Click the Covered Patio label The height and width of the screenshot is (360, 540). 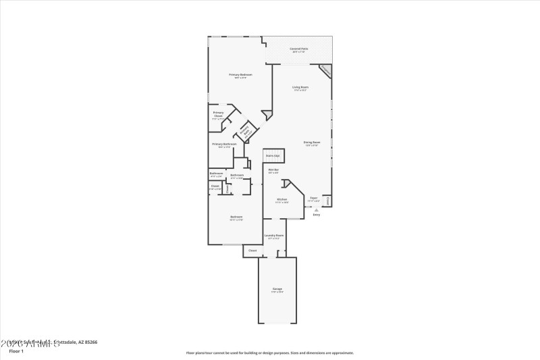tap(299, 48)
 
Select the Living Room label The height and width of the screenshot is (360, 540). tap(300, 87)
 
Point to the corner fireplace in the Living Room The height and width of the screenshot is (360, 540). tap(325, 70)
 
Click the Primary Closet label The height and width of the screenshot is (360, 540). tap(218, 114)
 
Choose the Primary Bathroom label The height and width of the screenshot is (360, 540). tap(224, 145)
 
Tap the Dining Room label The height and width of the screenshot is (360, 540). tap(312, 143)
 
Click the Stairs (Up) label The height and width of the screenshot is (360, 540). tap(273, 156)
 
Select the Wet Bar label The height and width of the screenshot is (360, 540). tap(273, 170)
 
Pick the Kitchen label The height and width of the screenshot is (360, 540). tap(282, 199)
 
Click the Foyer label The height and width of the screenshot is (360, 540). tap(314, 199)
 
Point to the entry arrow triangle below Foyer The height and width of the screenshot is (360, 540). tap(317, 209)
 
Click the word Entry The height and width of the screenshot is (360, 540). tap(317, 215)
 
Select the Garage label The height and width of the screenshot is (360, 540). tap(277, 289)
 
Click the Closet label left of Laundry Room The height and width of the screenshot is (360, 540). tap(252, 251)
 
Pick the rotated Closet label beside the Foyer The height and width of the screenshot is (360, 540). tap(327, 201)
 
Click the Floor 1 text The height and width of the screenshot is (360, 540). tap(16, 351)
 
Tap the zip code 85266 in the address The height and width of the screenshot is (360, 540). tap(91, 342)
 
